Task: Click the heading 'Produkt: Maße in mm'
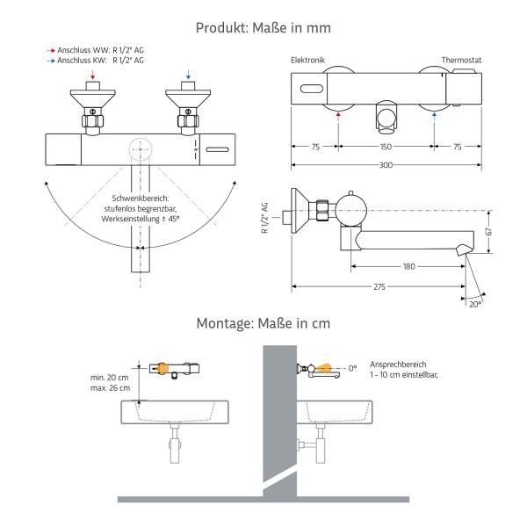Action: [x=263, y=28]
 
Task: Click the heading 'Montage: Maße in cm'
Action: [x=263, y=323]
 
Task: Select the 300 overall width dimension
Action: [x=386, y=165]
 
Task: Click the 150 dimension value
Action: [x=386, y=148]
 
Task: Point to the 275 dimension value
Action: [x=379, y=286]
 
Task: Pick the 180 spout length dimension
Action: [x=408, y=266]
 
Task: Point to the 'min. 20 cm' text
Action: [x=110, y=377]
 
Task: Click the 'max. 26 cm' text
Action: [x=110, y=387]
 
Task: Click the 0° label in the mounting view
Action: [x=353, y=368]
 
